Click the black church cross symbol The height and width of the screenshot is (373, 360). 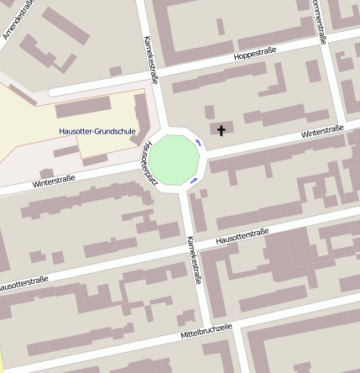coord(222,130)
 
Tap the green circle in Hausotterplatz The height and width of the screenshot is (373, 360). coord(175,158)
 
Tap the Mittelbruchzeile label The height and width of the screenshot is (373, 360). coord(206,330)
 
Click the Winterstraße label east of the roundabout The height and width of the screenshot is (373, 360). coord(322,133)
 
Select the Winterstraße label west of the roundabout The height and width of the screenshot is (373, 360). coord(54,179)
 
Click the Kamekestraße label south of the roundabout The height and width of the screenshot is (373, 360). coord(194,260)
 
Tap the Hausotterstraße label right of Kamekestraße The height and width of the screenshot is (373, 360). coord(242,237)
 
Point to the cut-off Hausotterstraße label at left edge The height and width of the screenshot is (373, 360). coord(23,283)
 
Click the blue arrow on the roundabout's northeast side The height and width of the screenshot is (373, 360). coord(199,143)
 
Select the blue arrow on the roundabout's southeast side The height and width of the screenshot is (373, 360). coord(194,179)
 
